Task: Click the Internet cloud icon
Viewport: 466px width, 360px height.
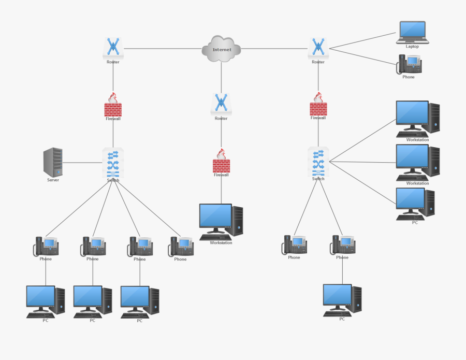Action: click(x=221, y=49)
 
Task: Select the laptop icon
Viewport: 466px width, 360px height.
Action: click(x=412, y=32)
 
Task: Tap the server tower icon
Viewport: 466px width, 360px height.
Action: click(x=53, y=162)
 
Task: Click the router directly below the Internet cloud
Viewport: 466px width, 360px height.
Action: click(x=221, y=104)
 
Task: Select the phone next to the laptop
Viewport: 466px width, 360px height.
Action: click(x=409, y=64)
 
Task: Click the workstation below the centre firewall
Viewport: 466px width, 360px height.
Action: click(x=221, y=222)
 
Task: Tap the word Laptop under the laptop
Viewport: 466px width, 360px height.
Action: click(x=412, y=47)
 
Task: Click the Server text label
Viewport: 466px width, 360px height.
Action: click(x=53, y=180)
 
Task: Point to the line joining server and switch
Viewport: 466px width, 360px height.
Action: click(x=83, y=163)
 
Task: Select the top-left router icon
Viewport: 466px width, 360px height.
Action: click(x=113, y=48)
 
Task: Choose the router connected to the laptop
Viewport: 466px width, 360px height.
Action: click(x=318, y=48)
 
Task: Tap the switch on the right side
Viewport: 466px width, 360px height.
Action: click(x=318, y=162)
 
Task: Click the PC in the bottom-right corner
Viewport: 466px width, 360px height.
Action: click(x=342, y=300)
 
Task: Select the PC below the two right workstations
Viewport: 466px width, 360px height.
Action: click(x=415, y=204)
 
